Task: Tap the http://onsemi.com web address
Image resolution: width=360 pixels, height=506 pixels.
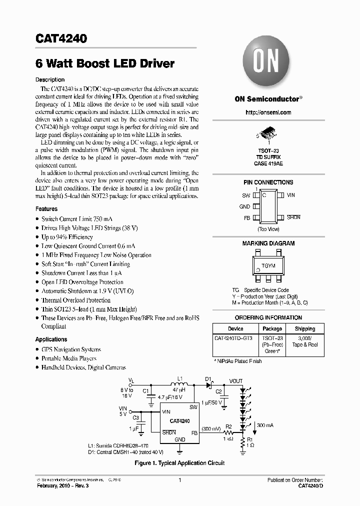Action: [x=268, y=112]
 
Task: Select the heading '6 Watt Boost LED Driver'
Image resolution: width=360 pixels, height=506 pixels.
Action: [x=105, y=64]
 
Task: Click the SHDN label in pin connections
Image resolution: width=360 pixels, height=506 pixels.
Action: [x=293, y=217]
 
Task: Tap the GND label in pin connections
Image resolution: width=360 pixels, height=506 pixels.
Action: [x=244, y=206]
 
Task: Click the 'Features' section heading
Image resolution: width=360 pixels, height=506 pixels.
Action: [x=46, y=209]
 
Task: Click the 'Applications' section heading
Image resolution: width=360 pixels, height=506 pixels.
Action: [x=51, y=339]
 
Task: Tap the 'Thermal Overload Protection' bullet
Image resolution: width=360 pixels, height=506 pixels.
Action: [x=76, y=300]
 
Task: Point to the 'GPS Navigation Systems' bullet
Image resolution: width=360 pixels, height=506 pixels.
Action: [x=71, y=349]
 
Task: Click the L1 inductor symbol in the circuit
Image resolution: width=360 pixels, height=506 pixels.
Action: [x=178, y=385]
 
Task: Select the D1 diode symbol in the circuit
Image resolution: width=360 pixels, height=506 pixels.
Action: [x=209, y=385]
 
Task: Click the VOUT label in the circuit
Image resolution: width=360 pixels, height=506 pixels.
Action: [x=236, y=381]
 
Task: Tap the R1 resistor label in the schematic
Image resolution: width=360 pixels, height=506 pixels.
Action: [x=250, y=438]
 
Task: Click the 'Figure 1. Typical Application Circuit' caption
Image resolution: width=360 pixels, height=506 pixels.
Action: [x=179, y=463]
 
